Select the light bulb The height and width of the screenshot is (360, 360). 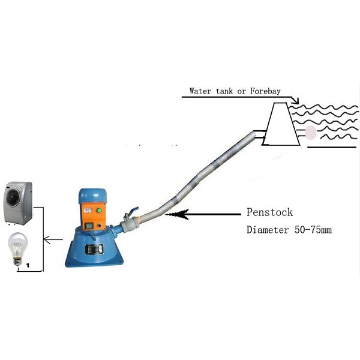coord(17,250)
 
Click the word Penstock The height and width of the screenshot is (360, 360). coord(268,212)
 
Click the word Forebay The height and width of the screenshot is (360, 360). coord(280,92)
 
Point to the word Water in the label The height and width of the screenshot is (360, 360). coord(201,92)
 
